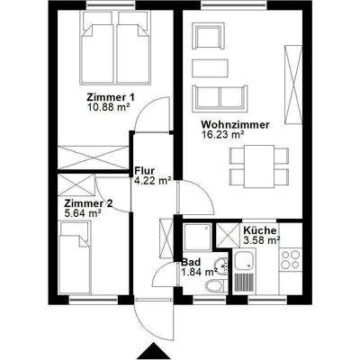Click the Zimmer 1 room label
(110, 96)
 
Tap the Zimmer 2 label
(87, 203)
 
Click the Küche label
(260, 231)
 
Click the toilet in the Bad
(214, 288)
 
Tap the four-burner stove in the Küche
(290, 261)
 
